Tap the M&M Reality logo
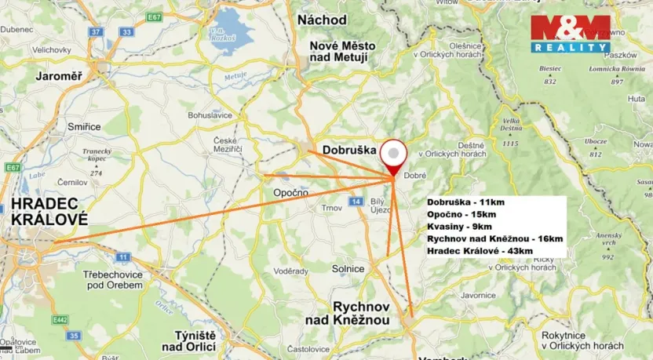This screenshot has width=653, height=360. point(570,33)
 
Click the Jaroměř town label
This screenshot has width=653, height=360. point(60,76)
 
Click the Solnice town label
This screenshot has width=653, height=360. point(348,268)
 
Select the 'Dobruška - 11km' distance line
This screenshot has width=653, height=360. point(465,202)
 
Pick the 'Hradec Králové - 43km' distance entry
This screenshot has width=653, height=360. point(480,250)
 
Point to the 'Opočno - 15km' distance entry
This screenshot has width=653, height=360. point(461,214)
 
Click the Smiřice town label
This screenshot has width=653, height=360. point(84,125)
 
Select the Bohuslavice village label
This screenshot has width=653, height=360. point(210,115)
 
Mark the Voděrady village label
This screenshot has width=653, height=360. point(290,271)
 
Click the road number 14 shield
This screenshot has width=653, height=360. point(357,202)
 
